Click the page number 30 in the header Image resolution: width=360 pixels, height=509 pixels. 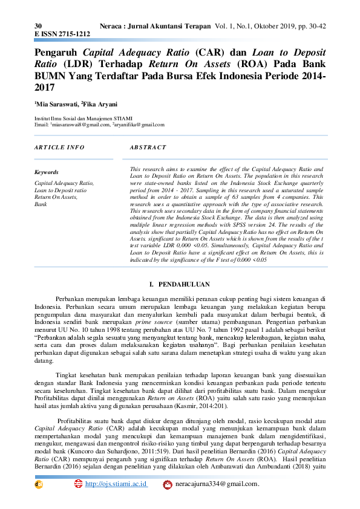coord(38,27)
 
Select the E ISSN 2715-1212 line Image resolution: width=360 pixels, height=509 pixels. coord(62,35)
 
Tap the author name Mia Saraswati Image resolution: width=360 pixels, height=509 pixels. coord(56,104)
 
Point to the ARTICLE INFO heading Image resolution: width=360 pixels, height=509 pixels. coord(59,148)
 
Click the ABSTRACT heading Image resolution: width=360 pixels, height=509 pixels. coord(148,148)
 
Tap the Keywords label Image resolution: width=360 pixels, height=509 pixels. coord(47,172)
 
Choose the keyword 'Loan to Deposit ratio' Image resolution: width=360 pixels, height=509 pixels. coord(60,190)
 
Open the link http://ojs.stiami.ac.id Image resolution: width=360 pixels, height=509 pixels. coord(116,484)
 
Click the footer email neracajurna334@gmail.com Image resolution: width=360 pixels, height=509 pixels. coord(217,484)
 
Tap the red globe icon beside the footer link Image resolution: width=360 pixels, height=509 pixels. coord(78,484)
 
